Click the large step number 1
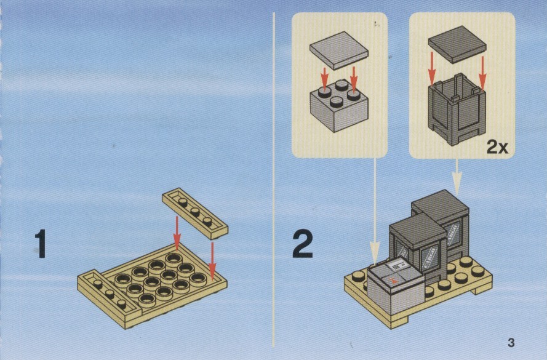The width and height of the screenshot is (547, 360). (x=41, y=244)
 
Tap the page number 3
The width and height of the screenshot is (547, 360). (x=511, y=343)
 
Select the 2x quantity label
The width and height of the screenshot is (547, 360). (x=497, y=148)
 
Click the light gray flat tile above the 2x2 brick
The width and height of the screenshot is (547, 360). (x=339, y=50)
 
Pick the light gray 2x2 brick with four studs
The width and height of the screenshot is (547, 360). (x=339, y=106)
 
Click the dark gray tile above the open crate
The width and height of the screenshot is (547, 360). (x=457, y=44)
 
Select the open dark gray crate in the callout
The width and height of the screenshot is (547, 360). (x=457, y=110)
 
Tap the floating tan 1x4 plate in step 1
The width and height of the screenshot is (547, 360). (x=195, y=213)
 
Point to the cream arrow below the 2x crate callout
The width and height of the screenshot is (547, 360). (x=457, y=177)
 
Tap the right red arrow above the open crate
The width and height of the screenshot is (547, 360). (x=482, y=72)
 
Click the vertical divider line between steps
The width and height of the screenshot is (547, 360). (x=273, y=180)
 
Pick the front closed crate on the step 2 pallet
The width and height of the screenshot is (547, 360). (x=418, y=249)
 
